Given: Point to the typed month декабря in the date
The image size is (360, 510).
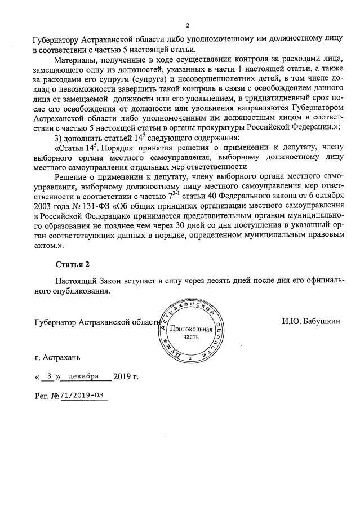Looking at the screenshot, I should [83, 375].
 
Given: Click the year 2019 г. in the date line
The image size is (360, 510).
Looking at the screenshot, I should [126, 376].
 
